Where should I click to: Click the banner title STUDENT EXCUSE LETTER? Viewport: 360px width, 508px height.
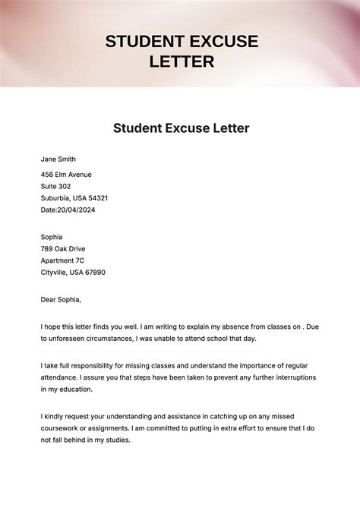182,51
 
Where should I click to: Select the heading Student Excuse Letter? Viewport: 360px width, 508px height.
181,128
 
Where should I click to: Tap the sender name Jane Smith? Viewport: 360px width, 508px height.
58,159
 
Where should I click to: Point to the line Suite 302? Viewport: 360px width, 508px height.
55,186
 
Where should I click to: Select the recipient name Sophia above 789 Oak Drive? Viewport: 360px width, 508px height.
52,237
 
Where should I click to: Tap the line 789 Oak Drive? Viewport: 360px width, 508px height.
62,248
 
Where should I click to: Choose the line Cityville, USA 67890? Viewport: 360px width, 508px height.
73,272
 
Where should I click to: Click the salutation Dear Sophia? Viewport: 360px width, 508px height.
61,299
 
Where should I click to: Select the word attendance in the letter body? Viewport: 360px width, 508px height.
63,377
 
